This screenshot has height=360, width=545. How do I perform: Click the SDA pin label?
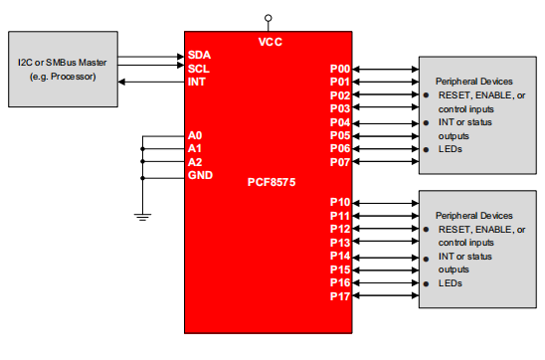199,55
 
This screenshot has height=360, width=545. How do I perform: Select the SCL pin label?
199,68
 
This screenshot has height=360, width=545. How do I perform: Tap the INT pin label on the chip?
197,82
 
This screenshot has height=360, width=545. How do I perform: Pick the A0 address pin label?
195,135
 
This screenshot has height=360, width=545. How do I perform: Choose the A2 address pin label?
195,162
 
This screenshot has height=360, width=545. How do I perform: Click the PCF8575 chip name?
272,183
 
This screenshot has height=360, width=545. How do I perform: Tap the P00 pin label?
340,69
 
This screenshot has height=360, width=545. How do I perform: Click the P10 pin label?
340,202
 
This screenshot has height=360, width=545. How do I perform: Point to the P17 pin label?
340,296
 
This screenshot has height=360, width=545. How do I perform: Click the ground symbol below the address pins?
143,213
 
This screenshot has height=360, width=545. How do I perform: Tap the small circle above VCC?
269,18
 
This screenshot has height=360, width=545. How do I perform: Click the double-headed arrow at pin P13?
386,243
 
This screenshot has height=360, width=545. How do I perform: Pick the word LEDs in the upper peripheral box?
451,149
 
